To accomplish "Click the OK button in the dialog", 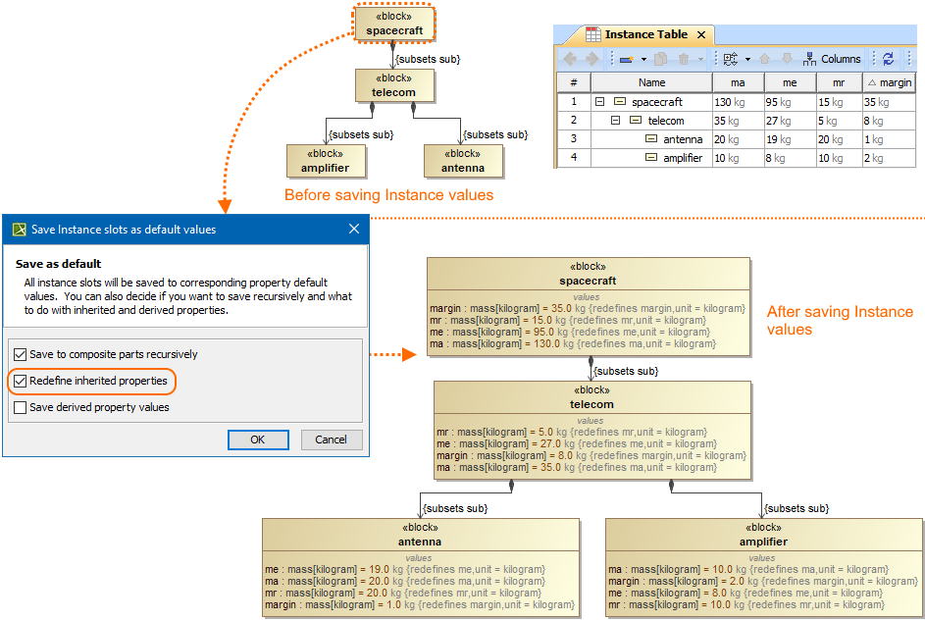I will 257,440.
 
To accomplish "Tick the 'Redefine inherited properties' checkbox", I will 21,381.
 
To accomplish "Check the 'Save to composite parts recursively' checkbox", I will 21,354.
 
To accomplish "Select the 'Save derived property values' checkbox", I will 21,407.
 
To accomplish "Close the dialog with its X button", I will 354,230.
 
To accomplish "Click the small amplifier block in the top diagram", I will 325,161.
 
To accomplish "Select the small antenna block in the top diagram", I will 462,161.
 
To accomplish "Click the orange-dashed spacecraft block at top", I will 393,25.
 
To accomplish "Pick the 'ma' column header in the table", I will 737,83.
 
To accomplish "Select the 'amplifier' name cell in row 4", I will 683,158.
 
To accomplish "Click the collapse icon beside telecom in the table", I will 616,121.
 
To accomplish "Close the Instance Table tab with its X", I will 700,35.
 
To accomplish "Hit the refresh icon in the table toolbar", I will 888,59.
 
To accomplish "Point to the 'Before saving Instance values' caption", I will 388,195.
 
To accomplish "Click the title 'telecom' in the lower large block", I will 591,404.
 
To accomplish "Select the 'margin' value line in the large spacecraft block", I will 587,308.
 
